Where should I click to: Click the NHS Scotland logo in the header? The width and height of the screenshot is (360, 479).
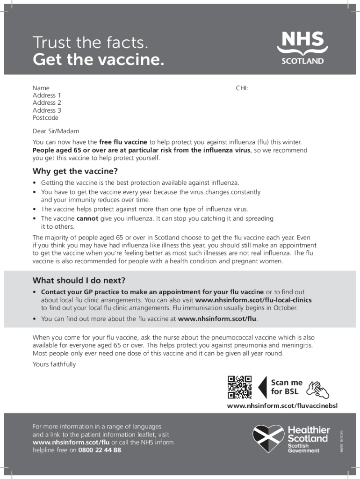pos(302,47)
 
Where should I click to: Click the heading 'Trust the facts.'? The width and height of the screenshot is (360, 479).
pos(90,43)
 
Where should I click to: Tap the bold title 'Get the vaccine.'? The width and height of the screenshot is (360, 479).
pos(98,59)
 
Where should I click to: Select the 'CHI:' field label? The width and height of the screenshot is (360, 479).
pos(242,88)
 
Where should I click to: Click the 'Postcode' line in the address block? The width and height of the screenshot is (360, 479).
pos(45,118)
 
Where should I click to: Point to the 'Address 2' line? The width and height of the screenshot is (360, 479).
pos(47,103)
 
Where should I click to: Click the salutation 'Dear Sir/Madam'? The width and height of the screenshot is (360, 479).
pos(56,131)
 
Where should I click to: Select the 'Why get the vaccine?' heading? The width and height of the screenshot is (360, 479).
pos(75,171)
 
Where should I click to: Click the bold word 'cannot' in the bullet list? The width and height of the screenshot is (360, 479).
pos(87,218)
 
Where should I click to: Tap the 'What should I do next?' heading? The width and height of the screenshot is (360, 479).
pos(79,281)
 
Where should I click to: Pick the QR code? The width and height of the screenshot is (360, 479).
pos(239,387)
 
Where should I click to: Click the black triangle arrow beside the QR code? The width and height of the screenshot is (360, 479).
pos(262,387)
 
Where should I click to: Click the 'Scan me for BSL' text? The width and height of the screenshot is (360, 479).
pos(287,387)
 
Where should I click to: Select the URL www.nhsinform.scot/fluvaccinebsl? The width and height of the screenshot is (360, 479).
pos(282,406)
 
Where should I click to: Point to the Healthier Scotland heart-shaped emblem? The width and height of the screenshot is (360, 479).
pos(268,438)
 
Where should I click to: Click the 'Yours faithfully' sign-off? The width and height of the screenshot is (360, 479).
pos(54,364)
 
